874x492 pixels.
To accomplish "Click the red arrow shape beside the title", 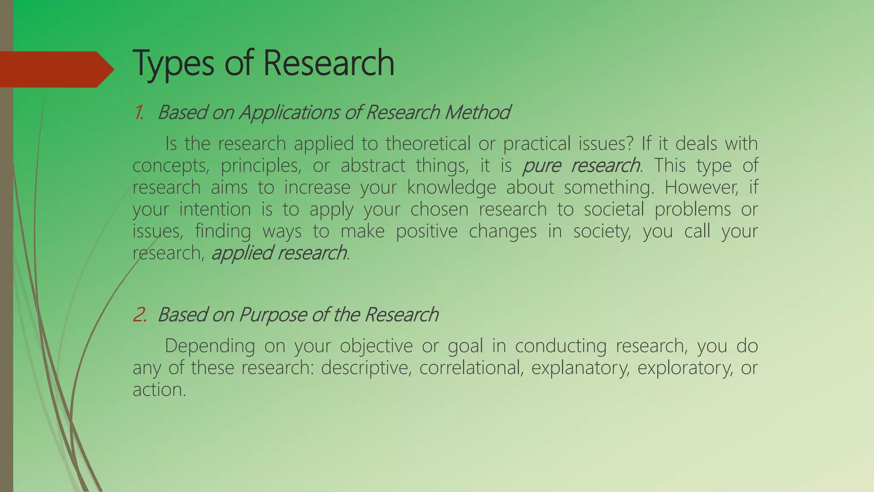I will coord(55,69).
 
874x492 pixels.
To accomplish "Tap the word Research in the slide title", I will coord(329,63).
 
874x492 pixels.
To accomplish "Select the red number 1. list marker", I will coord(139,113).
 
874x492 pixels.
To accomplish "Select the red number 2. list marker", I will coord(140,315).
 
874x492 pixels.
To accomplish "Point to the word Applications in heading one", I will coord(289,113).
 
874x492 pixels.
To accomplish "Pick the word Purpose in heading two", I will coord(273,315).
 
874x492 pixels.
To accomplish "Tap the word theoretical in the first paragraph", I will coord(428,143).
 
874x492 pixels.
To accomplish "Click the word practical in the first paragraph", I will coord(536,143).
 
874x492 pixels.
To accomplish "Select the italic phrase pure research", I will coord(582,166).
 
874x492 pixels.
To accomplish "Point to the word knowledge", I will coord(451,187).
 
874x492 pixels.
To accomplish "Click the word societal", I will coord(614,209).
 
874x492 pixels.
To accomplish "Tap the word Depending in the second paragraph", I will coord(210,346).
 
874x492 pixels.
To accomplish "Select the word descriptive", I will coord(366,368).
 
